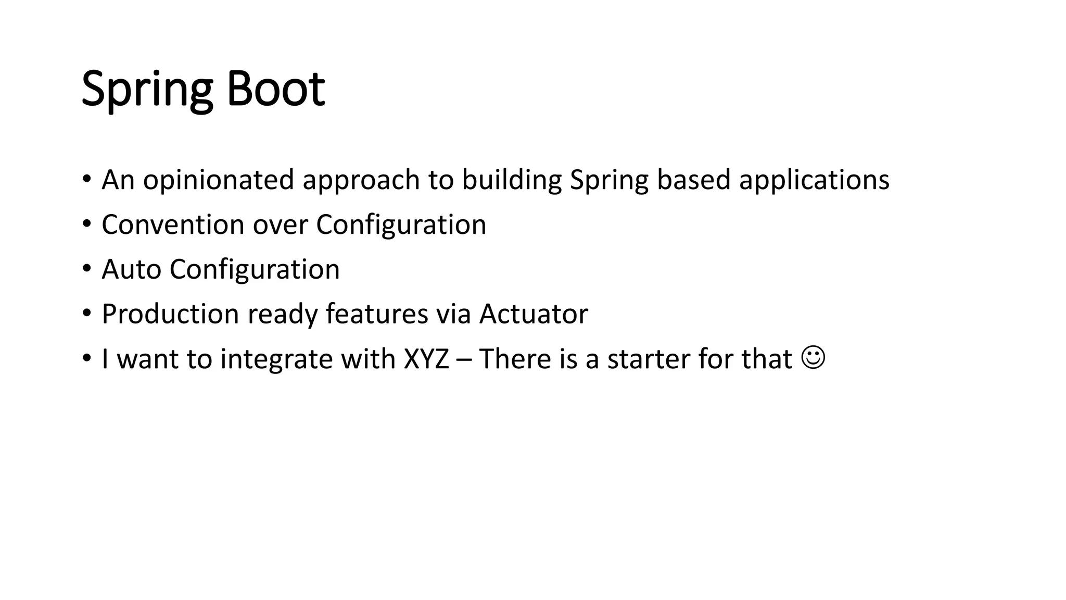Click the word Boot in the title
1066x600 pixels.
coord(275,89)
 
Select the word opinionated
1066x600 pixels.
coord(219,180)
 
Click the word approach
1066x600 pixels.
coord(361,180)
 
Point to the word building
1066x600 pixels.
coord(512,180)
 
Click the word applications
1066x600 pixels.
coord(814,180)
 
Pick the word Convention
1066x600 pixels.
coord(173,225)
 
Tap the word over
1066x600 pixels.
coord(280,225)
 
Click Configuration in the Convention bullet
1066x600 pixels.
coord(401,225)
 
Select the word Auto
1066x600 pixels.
coord(131,269)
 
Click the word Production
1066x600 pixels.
coord(170,314)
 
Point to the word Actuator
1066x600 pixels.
coord(534,314)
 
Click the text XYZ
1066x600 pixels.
coord(426,359)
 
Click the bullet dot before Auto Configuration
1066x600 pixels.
coord(86,270)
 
